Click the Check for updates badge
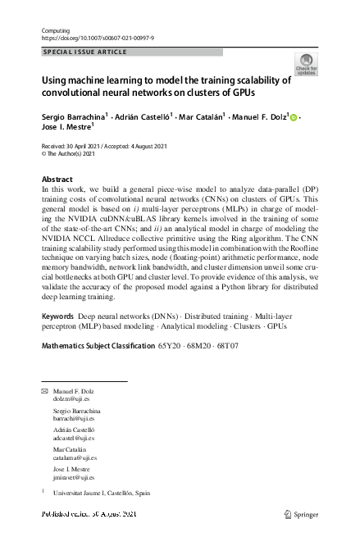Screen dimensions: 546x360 point(305,65)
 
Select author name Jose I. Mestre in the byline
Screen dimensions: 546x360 point(67,130)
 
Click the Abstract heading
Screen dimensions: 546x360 point(57,179)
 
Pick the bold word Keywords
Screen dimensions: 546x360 point(58,339)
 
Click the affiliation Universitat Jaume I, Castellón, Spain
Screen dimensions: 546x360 point(102,495)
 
